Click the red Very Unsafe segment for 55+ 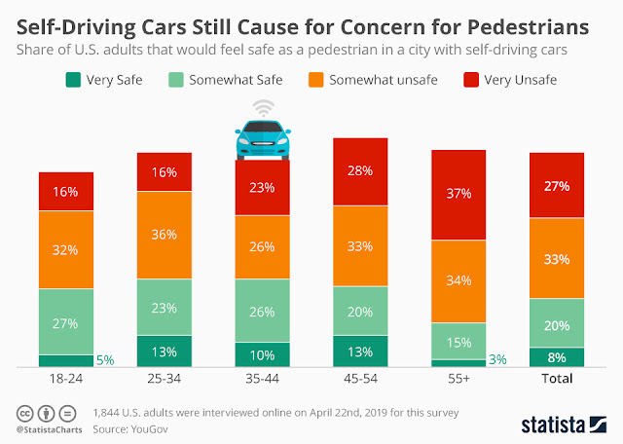pyautogui.click(x=458, y=194)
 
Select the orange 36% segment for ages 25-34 pyautogui.click(x=164, y=235)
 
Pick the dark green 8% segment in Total pyautogui.click(x=557, y=357)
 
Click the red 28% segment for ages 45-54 pyautogui.click(x=360, y=171)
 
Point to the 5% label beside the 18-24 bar pyautogui.click(x=105, y=360)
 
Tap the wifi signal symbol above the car pyautogui.click(x=262, y=108)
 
